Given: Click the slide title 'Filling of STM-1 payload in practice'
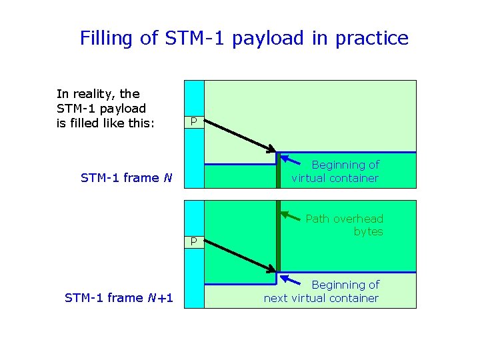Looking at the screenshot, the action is pos(244,38).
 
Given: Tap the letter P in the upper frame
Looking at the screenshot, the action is pos(193,121).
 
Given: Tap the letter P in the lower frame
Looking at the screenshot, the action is pos(193,241).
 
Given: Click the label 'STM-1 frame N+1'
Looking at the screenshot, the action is pos(119,297).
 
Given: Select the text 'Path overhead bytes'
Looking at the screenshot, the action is pos(344,225).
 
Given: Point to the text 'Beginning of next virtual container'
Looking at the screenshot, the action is pos(321,291).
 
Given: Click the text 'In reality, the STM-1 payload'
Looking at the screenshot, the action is pos(101,101).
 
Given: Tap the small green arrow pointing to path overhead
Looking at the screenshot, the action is pos(291,216).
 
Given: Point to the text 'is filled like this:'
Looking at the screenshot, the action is pos(105,123).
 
